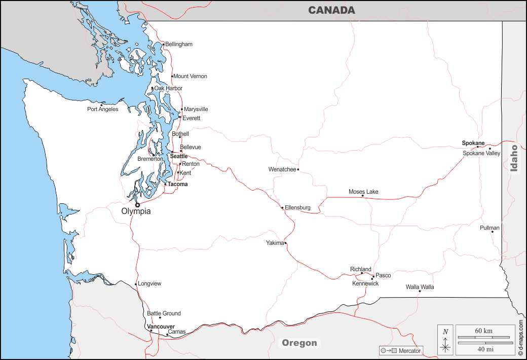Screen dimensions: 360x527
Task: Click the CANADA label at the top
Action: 331,10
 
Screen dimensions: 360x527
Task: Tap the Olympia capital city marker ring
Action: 137,205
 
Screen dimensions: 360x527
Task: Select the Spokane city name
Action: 473,143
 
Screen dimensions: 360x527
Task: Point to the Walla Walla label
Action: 420,287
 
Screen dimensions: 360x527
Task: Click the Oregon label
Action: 299,343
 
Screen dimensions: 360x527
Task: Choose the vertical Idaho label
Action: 514,159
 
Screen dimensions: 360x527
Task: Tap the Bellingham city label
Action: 179,44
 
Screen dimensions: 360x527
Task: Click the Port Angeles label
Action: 102,109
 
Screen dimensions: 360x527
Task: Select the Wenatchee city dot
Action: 298,169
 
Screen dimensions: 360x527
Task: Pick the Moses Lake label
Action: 363,192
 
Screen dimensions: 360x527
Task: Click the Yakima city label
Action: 275,243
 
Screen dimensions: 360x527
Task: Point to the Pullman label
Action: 490,228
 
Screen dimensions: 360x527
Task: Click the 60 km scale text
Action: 483,331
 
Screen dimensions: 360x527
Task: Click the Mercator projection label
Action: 410,351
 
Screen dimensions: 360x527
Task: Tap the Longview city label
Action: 149,283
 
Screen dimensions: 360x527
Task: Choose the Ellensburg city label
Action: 297,207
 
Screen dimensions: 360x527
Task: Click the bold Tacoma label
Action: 177,184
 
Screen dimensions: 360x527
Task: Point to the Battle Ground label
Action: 164,313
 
